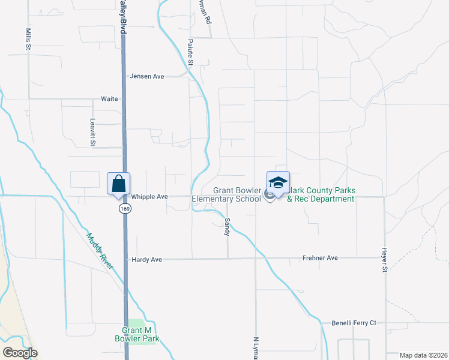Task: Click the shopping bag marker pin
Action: (x=118, y=184)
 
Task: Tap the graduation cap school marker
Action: (x=278, y=182)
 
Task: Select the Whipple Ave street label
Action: (x=149, y=196)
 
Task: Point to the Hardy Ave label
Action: (x=147, y=259)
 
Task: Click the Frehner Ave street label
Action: (x=320, y=258)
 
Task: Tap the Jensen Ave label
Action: (x=147, y=76)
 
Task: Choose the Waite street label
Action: (x=109, y=98)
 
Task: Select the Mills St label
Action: (x=28, y=38)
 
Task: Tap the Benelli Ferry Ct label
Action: (x=354, y=323)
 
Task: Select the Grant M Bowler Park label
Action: (x=137, y=334)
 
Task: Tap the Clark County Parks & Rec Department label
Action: (x=321, y=195)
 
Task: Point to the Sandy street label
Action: (x=228, y=226)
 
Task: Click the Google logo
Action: (x=20, y=353)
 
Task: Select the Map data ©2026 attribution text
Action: (x=423, y=355)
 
